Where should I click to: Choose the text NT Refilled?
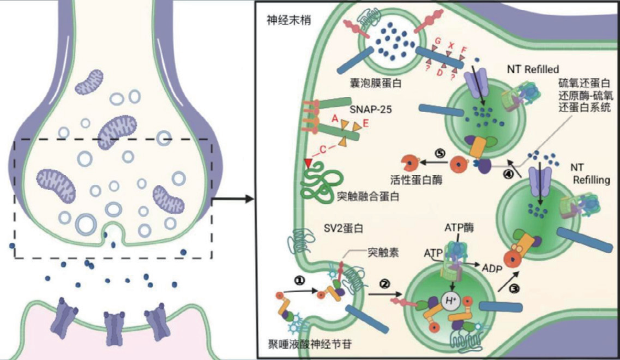[x=533, y=69]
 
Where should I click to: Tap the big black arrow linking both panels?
[x=232, y=199]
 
